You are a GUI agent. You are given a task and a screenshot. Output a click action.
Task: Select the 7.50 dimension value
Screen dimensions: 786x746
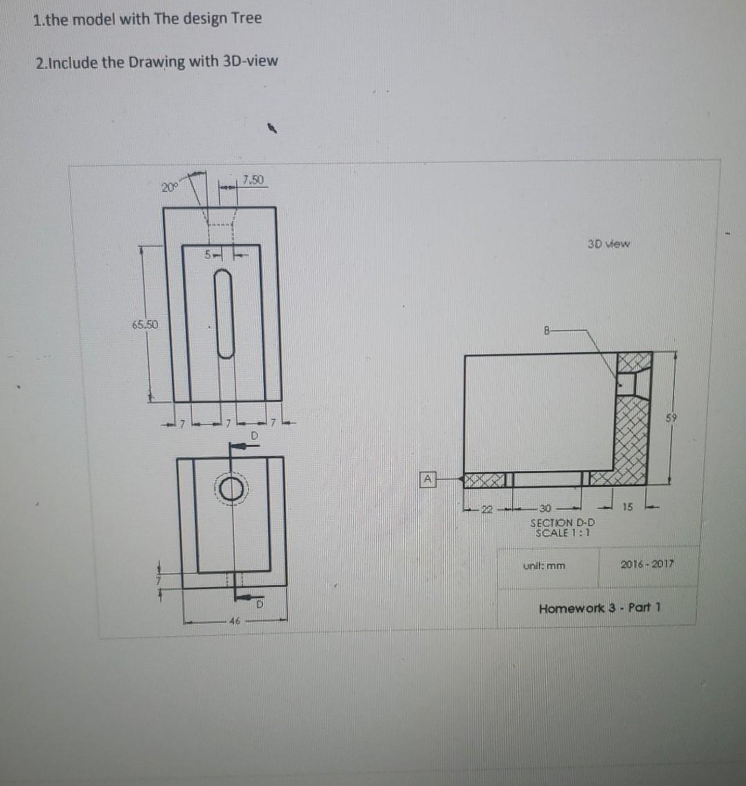pos(254,180)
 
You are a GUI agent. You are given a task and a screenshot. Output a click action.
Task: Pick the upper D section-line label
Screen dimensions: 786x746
pos(254,437)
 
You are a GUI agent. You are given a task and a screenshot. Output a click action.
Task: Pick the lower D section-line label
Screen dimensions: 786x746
pos(260,606)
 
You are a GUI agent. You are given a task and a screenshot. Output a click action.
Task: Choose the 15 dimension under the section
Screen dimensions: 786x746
pos(627,508)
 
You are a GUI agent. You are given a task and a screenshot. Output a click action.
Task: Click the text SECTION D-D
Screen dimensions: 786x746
pos(562,523)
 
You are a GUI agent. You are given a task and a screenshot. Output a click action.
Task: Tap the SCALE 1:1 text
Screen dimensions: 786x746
pos(560,533)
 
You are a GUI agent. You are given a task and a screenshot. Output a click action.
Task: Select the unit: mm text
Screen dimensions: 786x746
pos(544,566)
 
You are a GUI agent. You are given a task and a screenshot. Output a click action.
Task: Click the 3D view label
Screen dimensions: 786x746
pos(609,243)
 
